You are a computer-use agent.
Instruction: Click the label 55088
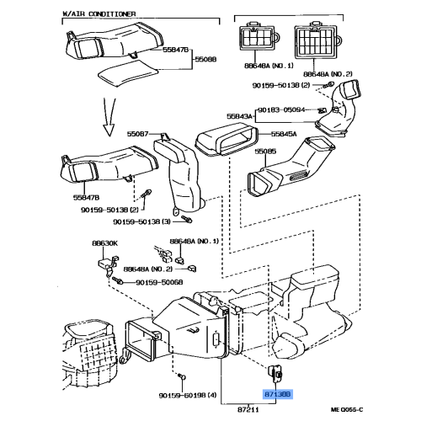(x=206, y=60)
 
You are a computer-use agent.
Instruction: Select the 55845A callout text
(x=286, y=132)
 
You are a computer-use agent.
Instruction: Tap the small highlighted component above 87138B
(x=275, y=373)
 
